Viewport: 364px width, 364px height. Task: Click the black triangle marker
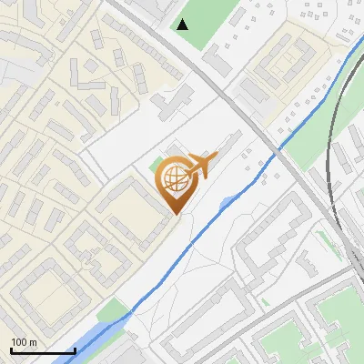tap(183, 25)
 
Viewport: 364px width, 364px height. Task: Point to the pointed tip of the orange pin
tap(177, 214)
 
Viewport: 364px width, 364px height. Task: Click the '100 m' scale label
tap(24, 342)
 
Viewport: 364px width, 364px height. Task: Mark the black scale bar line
tap(42, 350)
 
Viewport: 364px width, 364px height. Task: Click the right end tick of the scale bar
tap(74, 349)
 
